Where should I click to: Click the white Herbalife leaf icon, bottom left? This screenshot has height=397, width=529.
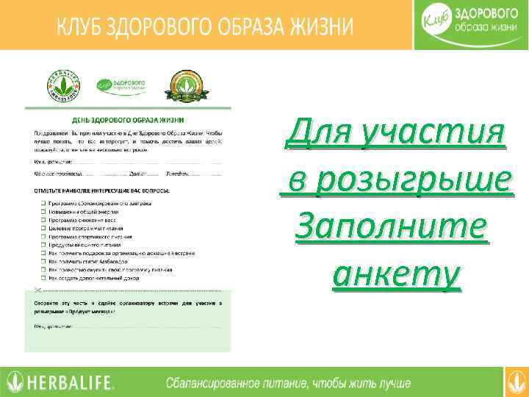[14, 382]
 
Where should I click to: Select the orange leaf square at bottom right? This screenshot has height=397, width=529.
[516, 382]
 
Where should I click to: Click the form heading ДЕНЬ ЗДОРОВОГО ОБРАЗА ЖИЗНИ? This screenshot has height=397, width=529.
[128, 118]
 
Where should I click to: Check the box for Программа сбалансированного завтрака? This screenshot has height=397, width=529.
[43, 202]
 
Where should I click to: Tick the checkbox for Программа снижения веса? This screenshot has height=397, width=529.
[43, 219]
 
